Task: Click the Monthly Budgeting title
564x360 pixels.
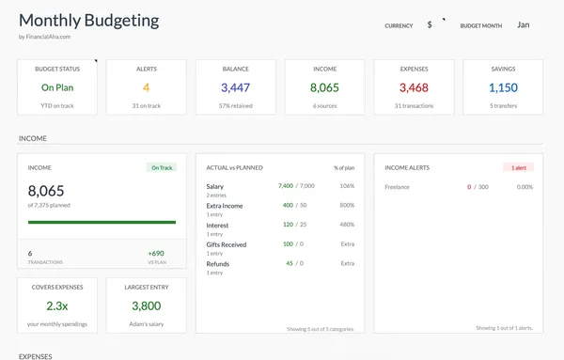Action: [88, 20]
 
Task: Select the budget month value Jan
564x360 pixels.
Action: [524, 24]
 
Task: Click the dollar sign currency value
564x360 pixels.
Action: [430, 25]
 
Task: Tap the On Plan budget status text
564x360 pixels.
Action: [57, 87]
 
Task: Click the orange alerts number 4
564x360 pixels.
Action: [146, 87]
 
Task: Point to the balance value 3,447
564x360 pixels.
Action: [235, 87]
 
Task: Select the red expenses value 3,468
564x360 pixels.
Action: [414, 87]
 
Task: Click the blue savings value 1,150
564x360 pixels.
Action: [503, 87]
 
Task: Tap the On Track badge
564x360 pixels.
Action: [162, 168]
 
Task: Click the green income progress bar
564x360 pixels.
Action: [102, 223]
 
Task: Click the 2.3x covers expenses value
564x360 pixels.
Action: [57, 305]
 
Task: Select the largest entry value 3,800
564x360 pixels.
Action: [146, 305]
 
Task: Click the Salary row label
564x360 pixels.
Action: [215, 186]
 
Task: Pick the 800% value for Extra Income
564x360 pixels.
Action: [347, 205]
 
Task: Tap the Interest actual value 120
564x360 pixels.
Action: [287, 225]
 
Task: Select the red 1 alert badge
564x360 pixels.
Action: [519, 167]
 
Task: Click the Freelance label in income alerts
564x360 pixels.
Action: [398, 187]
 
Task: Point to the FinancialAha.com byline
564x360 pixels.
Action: [44, 38]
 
